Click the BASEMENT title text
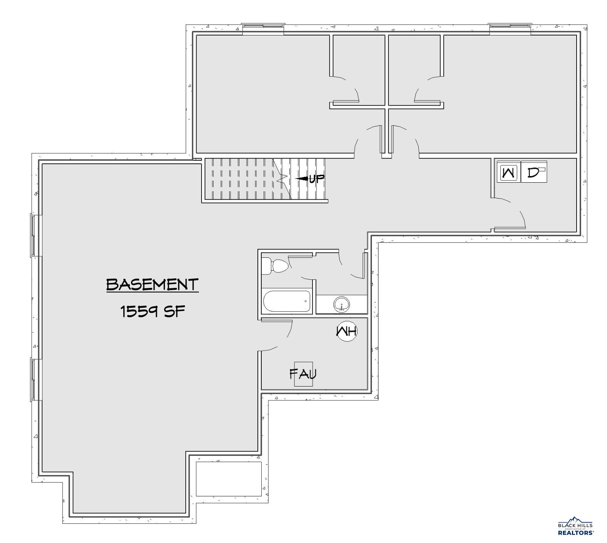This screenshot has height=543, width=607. (x=152, y=285)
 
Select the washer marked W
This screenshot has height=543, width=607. (x=508, y=172)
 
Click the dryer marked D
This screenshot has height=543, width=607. (x=534, y=172)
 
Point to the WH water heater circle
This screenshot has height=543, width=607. (x=347, y=331)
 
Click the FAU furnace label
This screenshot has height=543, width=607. (x=303, y=374)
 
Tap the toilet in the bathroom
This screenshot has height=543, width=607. (x=275, y=266)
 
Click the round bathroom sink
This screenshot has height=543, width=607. (x=341, y=304)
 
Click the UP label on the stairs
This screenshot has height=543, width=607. (x=317, y=179)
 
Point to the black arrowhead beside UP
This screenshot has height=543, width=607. (x=302, y=179)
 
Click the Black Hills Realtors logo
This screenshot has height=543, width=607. (x=576, y=526)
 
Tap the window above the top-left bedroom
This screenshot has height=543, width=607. (x=263, y=27)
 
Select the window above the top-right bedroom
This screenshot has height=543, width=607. (x=510, y=27)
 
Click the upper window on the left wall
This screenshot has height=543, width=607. (x=34, y=235)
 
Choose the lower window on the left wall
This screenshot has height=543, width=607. (x=34, y=379)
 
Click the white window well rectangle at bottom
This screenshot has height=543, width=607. (x=229, y=479)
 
